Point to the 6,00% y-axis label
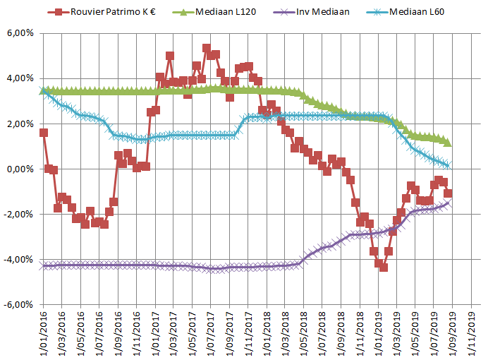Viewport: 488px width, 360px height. pyautogui.click(x=21, y=34)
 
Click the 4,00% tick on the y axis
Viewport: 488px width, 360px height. pyautogui.click(x=21, y=79)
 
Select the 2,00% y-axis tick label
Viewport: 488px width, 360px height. pyautogui.click(x=21, y=124)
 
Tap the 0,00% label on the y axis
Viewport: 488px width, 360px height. pyautogui.click(x=21, y=169)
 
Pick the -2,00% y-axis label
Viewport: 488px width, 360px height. pyautogui.click(x=20, y=215)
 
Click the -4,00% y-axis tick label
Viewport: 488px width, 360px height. pyautogui.click(x=20, y=260)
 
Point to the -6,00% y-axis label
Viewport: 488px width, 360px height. pyautogui.click(x=20, y=305)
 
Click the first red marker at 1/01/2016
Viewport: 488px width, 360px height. pyautogui.click(x=44, y=133)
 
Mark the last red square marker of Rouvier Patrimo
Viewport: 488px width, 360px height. pyautogui.click(x=448, y=193)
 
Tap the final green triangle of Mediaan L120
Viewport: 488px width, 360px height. pyautogui.click(x=448, y=143)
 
